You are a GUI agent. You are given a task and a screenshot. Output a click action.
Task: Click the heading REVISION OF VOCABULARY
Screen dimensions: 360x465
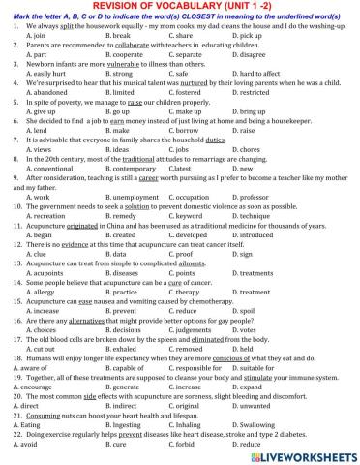pyautogui.click(x=180, y=7)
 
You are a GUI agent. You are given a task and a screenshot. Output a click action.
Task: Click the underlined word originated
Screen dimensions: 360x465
pyautogui.click(x=89, y=221)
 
